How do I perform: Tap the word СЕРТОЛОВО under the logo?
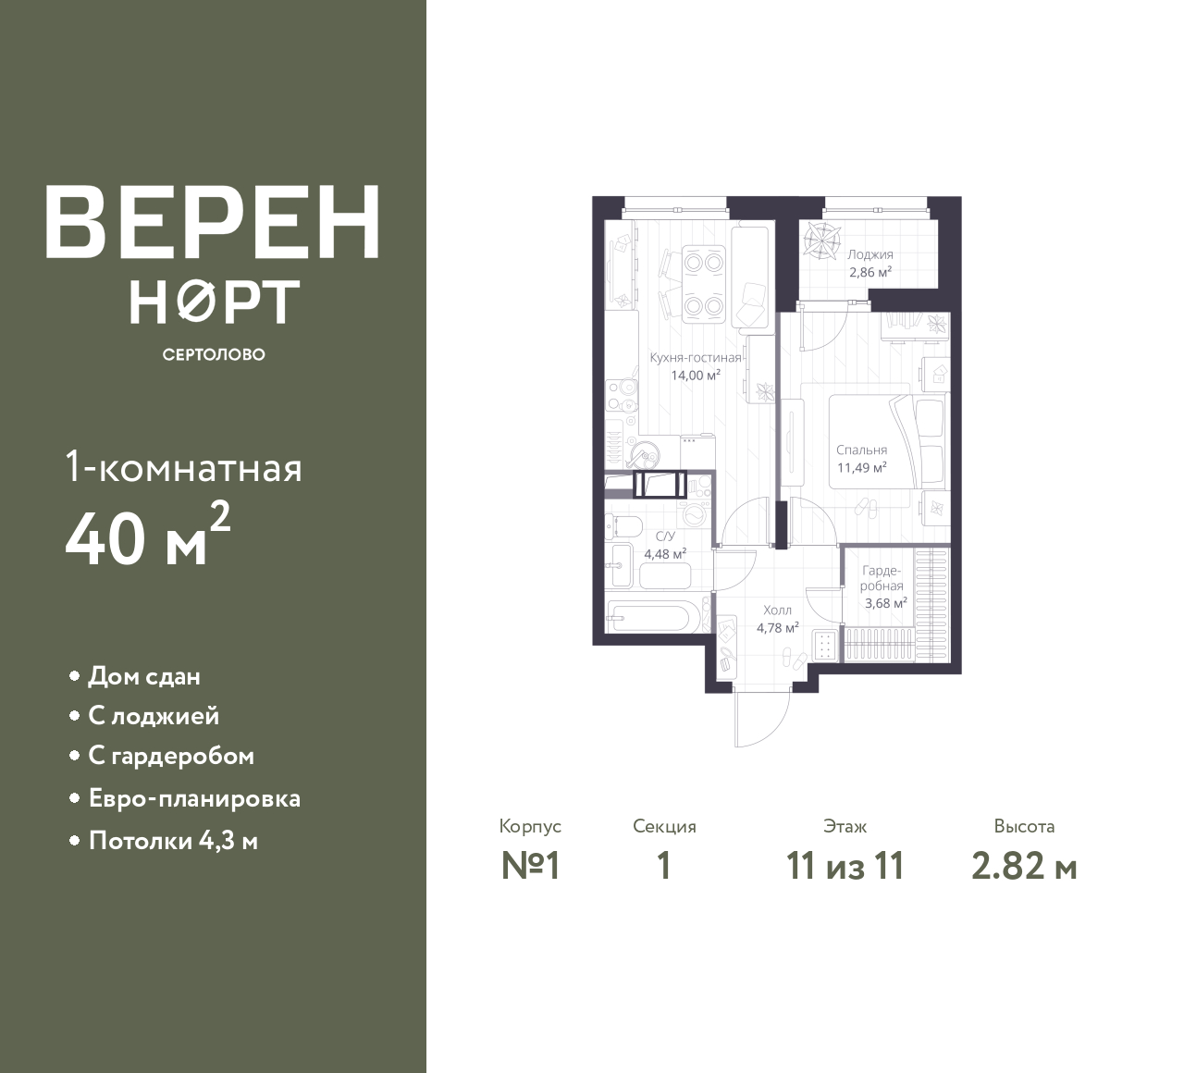214,354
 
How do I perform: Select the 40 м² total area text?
148,535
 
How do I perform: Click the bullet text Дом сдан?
144,677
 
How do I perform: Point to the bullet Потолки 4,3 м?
173,841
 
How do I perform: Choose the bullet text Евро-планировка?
195,799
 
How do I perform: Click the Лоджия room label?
870,255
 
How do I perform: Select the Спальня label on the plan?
861,450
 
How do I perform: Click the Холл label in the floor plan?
777,610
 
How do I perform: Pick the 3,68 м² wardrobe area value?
886,603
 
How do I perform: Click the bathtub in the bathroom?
648,617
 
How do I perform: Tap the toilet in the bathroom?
623,525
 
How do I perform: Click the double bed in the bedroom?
873,442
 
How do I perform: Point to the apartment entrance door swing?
762,719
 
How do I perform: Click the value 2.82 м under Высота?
1024,867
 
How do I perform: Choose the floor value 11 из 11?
845,867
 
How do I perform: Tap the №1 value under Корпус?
530,867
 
